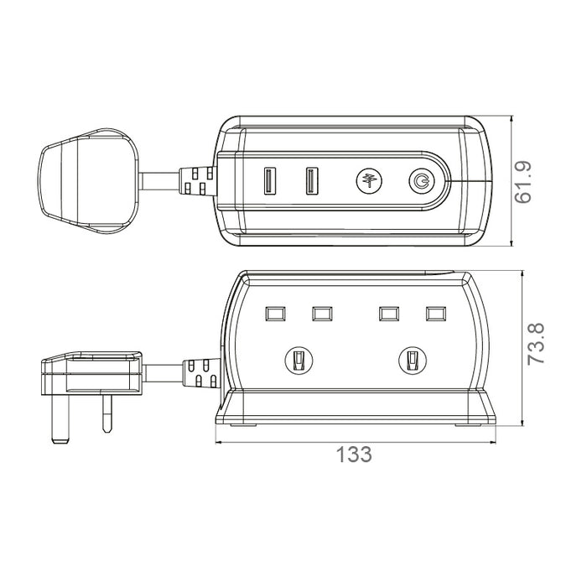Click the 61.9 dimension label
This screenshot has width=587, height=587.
pyautogui.click(x=523, y=182)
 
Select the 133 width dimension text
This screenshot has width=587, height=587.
pyautogui.click(x=354, y=455)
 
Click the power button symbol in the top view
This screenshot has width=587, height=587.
pyautogui.click(x=422, y=181)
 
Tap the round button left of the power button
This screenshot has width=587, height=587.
pyautogui.click(x=369, y=181)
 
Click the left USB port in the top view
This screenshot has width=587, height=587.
pyautogui.click(x=270, y=181)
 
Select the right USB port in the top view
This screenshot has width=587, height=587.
pyautogui.click(x=312, y=181)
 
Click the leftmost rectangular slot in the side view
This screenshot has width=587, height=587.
pyautogui.click(x=275, y=314)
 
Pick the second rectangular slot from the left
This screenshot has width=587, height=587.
pyautogui.click(x=322, y=314)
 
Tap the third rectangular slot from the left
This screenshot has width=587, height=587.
pyautogui.click(x=389, y=314)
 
